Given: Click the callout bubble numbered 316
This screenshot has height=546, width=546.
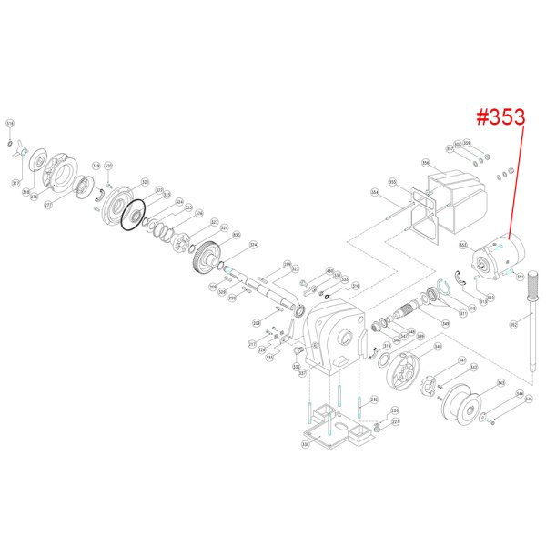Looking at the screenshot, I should pyautogui.click(x=10, y=123).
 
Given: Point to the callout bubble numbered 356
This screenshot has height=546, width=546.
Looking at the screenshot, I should pyautogui.click(x=425, y=164).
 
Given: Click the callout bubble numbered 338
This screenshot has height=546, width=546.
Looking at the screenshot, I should pyautogui.click(x=306, y=446).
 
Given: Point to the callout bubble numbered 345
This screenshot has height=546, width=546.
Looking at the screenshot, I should pyautogui.click(x=529, y=398).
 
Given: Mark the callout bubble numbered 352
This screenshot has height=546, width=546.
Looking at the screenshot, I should pyautogui.click(x=513, y=323).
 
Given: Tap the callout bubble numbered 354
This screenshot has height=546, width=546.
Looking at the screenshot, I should pyautogui.click(x=374, y=192).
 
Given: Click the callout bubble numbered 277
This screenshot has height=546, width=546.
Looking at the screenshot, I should pyautogui.click(x=49, y=205).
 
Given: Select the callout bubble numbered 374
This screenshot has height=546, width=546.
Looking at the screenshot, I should pyautogui.click(x=254, y=245).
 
